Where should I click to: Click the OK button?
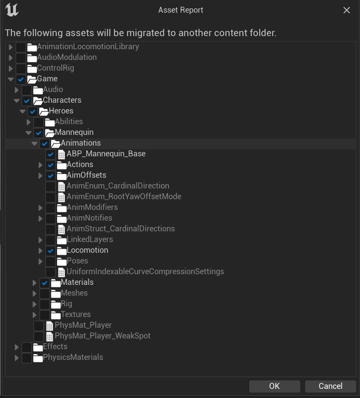(274, 386)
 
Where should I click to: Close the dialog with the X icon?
(347, 10)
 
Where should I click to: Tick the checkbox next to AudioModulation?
(21, 58)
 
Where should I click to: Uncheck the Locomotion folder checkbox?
(50, 251)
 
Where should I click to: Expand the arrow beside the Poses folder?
(40, 261)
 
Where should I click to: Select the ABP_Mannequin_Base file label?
(106, 154)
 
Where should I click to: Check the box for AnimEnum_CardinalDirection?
(50, 187)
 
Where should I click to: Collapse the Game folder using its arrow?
(11, 79)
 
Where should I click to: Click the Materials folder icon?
(56, 283)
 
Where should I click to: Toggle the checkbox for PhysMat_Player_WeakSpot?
(38, 336)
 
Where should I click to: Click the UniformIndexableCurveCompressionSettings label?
(146, 271)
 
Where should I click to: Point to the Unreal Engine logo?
(12, 10)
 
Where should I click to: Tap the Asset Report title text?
(181, 10)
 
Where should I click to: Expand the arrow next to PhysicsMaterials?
(17, 358)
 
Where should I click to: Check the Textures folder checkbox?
(44, 315)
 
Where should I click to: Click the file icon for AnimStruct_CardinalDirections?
(61, 229)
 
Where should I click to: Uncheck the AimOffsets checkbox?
(50, 176)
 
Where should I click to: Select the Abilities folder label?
(69, 121)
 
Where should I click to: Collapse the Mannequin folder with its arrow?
(29, 133)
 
